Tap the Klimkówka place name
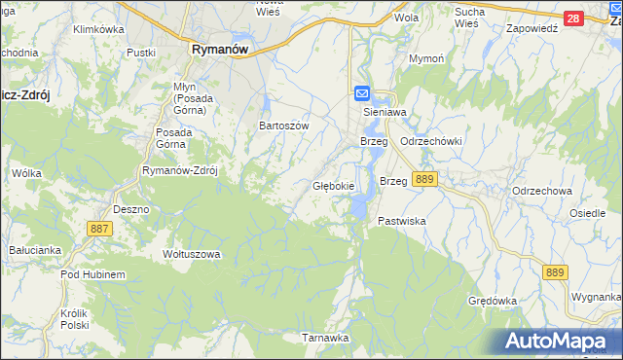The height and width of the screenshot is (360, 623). point(99,29)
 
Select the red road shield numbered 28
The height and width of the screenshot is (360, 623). point(573,18)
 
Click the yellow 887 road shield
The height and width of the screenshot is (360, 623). point(99,228)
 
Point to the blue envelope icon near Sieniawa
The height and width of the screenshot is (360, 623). point(361,93)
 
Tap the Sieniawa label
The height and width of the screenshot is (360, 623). point(383,112)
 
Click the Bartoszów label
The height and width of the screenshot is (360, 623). point(283,126)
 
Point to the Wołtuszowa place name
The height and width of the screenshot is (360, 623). point(192,254)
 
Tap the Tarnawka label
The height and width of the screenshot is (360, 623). point(324,338)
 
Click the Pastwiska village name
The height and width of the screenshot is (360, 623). point(402,222)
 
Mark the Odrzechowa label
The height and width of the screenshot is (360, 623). point(541,191)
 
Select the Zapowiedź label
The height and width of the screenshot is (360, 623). point(531,29)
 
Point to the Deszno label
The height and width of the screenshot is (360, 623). point(130,209)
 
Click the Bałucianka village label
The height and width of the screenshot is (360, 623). point(35,250)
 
